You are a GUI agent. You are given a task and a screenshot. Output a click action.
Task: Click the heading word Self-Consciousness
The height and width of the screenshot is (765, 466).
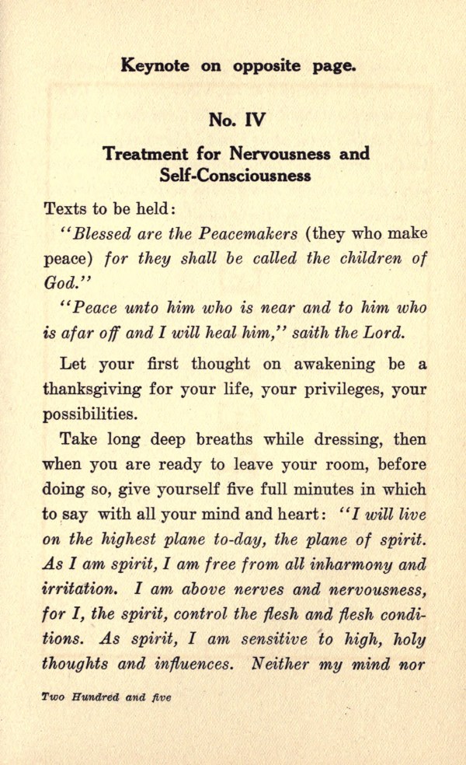pos(235,175)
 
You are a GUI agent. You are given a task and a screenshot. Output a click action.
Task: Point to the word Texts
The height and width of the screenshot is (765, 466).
pos(66,209)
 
